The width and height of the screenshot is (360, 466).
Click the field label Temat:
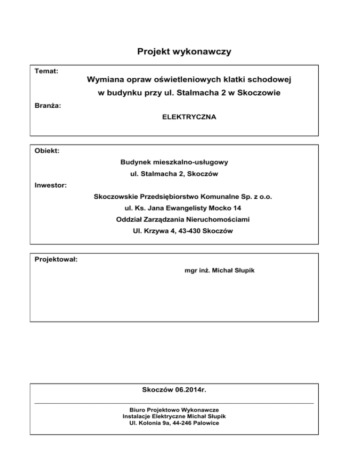(x=47, y=71)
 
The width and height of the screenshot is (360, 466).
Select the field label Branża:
(x=48, y=105)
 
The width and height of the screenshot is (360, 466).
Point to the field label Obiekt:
(x=47, y=150)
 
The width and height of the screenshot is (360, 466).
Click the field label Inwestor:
(x=51, y=185)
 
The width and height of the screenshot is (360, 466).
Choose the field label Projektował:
(x=56, y=259)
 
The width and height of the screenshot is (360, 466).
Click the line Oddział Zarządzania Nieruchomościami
(x=183, y=219)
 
